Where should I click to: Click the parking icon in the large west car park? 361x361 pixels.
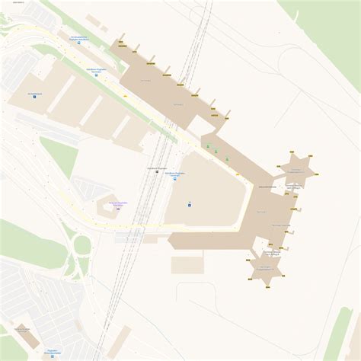pos(34,97)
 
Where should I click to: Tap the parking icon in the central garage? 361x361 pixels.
pos(190,203)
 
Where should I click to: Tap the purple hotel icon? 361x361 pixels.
pos(118,208)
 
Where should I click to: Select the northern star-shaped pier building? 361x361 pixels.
pos(296,168)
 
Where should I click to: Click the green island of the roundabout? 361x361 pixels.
pos(81,245)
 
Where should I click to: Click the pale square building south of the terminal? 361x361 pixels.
pos(186,264)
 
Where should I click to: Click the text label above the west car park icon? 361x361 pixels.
pos(34,92)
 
